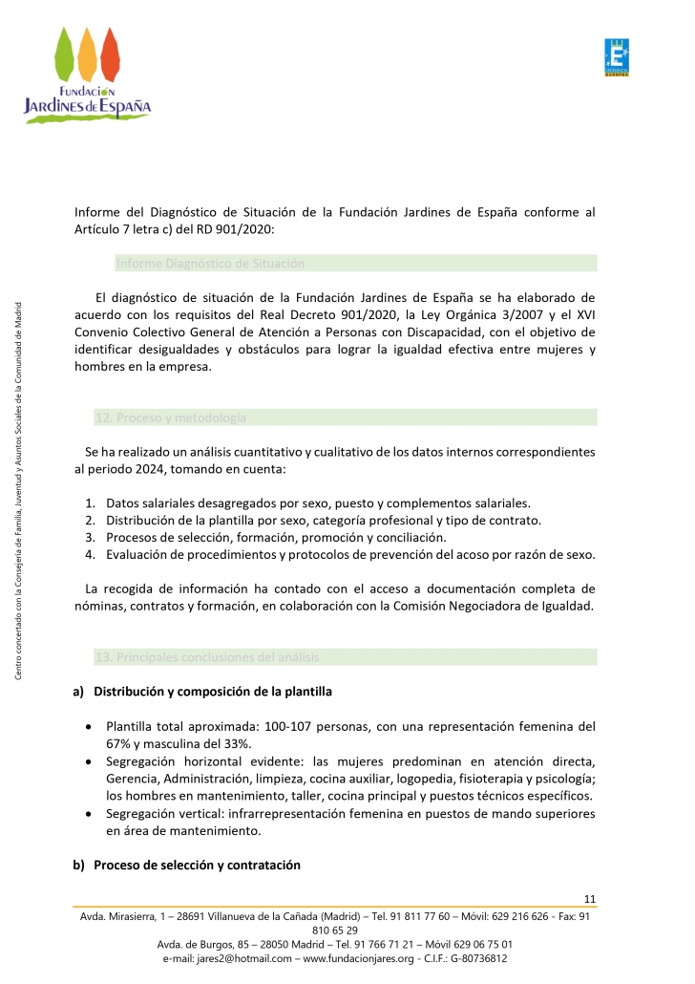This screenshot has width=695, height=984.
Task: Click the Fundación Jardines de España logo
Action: point(87,74)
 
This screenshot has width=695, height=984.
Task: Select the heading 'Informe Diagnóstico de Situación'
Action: point(210,263)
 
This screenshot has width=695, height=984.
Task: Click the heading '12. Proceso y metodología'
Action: point(170,417)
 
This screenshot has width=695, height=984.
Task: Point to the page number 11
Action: point(589,898)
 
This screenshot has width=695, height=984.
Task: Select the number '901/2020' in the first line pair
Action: point(243,229)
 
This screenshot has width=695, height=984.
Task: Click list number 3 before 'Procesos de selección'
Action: point(89,537)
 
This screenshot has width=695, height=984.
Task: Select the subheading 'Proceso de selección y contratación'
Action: point(197,866)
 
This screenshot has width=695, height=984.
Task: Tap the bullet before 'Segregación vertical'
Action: point(89,814)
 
